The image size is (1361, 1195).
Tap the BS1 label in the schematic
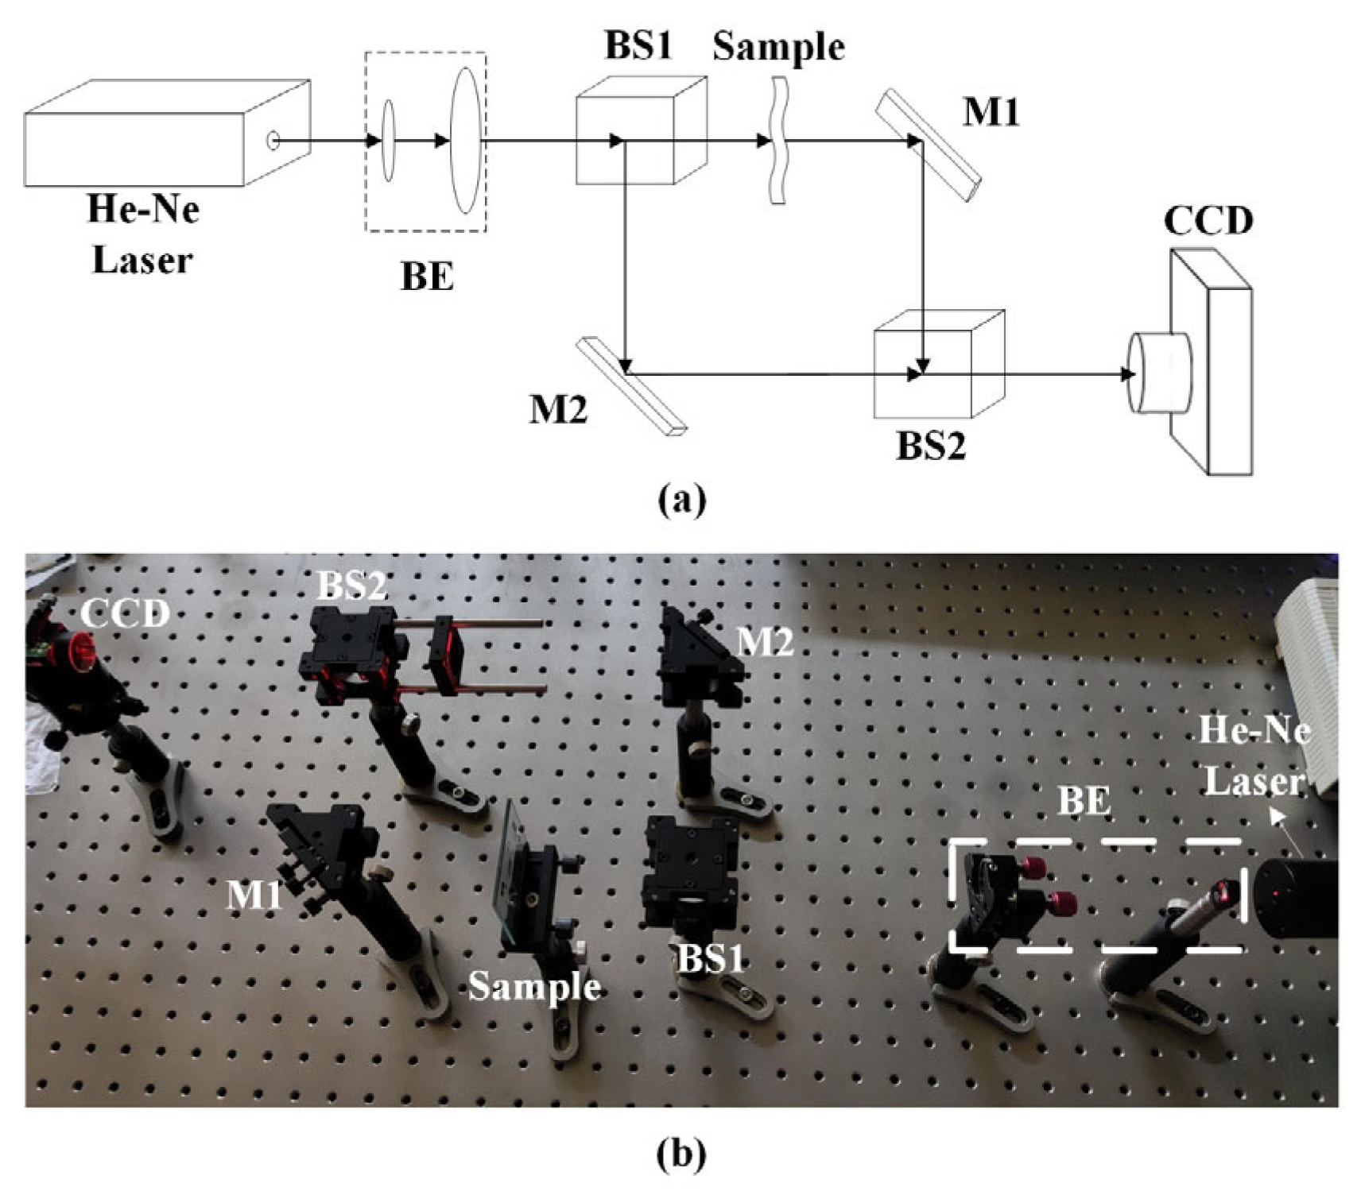[x=638, y=45]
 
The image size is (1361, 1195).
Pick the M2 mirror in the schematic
[x=632, y=386]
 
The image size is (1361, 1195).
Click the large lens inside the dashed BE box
[x=465, y=141]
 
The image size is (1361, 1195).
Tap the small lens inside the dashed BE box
[x=388, y=141]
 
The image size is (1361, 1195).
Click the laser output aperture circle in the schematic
[x=273, y=141]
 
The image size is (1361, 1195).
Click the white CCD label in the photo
[x=126, y=613]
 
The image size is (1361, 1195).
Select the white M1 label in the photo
[x=254, y=895]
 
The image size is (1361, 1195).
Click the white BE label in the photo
[x=1084, y=800]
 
